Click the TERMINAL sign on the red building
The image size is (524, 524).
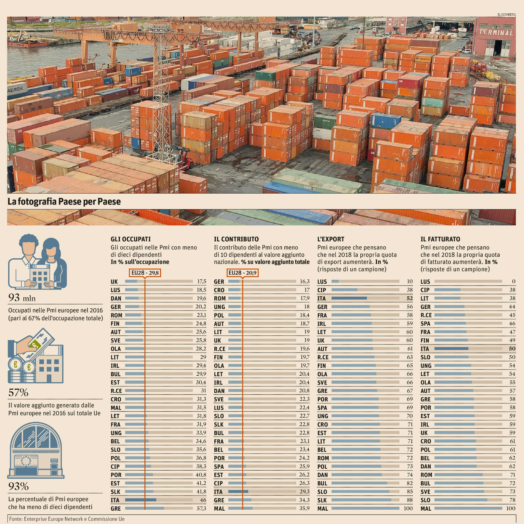pyautogui.click(x=496, y=32)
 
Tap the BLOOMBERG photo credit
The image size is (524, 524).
pyautogui.click(x=506, y=15)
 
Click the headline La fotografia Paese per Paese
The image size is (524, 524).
pyautogui.click(x=64, y=202)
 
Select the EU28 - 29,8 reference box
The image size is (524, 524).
pyautogui.click(x=145, y=273)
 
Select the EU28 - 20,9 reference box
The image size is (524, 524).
pyautogui.click(x=242, y=273)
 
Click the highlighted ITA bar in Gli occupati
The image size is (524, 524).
pyautogui.click(x=141, y=500)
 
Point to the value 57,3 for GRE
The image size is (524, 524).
pyautogui.click(x=201, y=508)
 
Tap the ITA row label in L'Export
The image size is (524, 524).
pyautogui.click(x=321, y=298)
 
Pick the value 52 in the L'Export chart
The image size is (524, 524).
pyautogui.click(x=410, y=298)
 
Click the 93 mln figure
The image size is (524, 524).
pyautogui.click(x=22, y=298)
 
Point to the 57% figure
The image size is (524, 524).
pyautogui.click(x=18, y=393)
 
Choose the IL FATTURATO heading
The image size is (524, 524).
pyautogui.click(x=440, y=239)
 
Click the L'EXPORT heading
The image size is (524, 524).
pyautogui.click(x=330, y=239)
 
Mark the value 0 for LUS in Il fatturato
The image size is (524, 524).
pyautogui.click(x=514, y=281)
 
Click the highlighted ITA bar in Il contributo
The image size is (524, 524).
pyautogui.click(x=238, y=491)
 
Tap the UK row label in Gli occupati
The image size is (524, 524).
pyautogui.click(x=114, y=282)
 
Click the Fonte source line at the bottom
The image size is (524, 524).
pyautogui.click(x=67, y=519)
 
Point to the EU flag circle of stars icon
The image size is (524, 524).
pyautogui.click(x=25, y=461)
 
